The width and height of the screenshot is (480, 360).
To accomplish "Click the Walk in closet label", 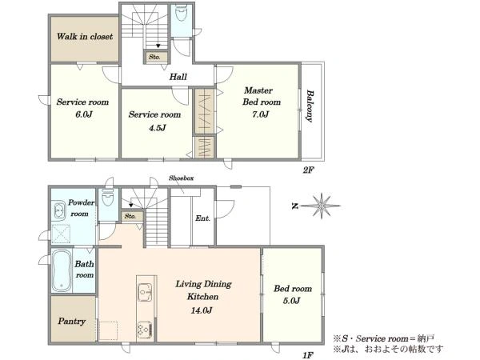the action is click(85, 37).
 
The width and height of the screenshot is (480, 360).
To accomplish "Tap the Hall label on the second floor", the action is click(178, 77).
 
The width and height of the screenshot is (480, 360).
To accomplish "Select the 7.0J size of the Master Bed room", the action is click(260, 114).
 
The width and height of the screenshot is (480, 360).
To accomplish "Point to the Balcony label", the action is click(310, 106).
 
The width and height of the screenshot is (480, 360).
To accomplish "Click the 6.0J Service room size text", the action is click(84, 114).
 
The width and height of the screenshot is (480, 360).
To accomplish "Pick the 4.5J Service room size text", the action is click(158, 127).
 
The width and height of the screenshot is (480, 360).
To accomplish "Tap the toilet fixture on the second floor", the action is click(181, 13).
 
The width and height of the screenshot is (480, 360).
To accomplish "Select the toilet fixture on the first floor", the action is click(107, 198).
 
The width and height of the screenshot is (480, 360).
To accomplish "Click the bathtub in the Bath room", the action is click(62, 270).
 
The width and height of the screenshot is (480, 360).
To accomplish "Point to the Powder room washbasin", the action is click(59, 210).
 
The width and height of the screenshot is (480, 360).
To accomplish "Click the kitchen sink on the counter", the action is click(145, 293).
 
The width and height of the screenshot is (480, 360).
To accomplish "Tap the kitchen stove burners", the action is click(145, 330).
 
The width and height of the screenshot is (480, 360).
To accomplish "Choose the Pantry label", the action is click(72, 321).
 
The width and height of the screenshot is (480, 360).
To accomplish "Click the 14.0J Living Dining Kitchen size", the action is click(202, 310).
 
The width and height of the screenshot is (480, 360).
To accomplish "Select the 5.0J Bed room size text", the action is click(291, 301).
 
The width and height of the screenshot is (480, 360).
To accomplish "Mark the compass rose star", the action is click(322, 206).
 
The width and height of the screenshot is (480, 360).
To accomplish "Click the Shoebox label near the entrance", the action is click(182, 178).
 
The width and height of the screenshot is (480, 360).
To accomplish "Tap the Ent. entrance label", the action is click(203, 218).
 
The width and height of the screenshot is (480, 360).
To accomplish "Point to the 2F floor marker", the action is click(309, 170).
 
